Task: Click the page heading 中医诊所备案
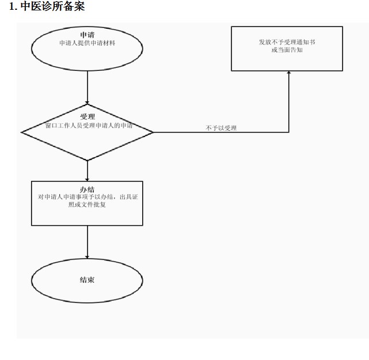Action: pyautogui.click(x=53, y=6)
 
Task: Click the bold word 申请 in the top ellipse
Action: pyautogui.click(x=88, y=35)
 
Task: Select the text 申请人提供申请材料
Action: pyautogui.click(x=88, y=43)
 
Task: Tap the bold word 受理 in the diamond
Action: pyautogui.click(x=88, y=116)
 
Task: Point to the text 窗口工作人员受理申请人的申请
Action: pyautogui.click(x=89, y=126)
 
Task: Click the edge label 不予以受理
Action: pyautogui.click(x=221, y=128)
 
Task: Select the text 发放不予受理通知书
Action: pyautogui.click(x=287, y=42)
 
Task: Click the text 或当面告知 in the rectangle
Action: pyautogui.click(x=287, y=50)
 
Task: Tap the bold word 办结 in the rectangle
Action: pyautogui.click(x=87, y=190)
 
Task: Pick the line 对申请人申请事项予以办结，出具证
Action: pyautogui.click(x=88, y=197)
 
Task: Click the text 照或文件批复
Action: pyautogui.click(x=87, y=204)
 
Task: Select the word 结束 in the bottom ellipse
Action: pyautogui.click(x=87, y=280)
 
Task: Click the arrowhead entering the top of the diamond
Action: pyautogui.click(x=88, y=103)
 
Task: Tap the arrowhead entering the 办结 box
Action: pyautogui.click(x=88, y=180)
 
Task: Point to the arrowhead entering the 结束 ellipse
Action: pyautogui.click(x=88, y=257)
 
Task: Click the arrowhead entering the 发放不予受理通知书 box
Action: pyautogui.click(x=289, y=73)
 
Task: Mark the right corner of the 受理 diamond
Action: pyautogui.click(x=153, y=132)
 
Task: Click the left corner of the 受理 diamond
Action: pyautogui.click(x=21, y=132)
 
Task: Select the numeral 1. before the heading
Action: pyautogui.click(x=13, y=6)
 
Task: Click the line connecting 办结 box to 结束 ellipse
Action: pyautogui.click(x=88, y=242)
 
